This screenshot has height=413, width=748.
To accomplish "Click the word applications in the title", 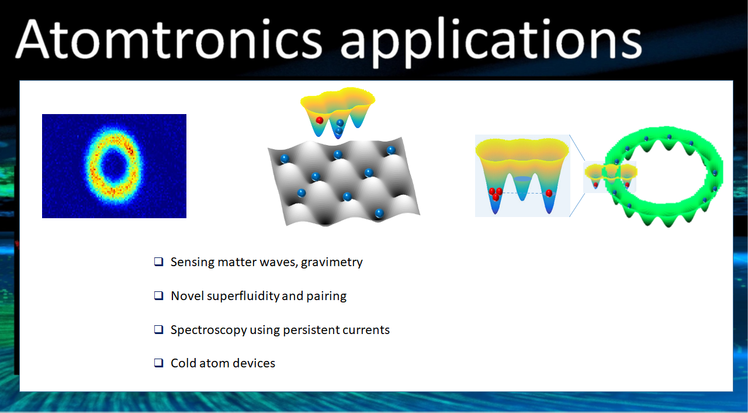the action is click(x=491, y=42).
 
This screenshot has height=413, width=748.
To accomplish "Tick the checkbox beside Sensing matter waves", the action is click(x=158, y=261).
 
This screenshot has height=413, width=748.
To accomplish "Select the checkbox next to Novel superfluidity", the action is click(x=158, y=295).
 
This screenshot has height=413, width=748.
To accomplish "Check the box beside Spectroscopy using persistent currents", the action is click(x=158, y=329).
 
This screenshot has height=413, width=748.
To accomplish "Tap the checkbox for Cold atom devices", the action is click(x=158, y=363).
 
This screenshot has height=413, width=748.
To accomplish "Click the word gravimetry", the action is click(x=331, y=263).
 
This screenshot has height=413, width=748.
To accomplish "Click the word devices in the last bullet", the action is click(x=254, y=363).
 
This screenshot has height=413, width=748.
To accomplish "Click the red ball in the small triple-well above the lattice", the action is click(x=320, y=121).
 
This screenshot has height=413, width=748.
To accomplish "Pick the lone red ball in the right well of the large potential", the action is click(x=549, y=193).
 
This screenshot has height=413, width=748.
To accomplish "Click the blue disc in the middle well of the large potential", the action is click(x=522, y=179).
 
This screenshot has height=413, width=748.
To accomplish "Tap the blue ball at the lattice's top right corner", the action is click(x=391, y=150).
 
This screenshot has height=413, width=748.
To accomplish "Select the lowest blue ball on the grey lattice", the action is click(x=379, y=213).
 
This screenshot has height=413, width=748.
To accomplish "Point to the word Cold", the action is click(x=183, y=363).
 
